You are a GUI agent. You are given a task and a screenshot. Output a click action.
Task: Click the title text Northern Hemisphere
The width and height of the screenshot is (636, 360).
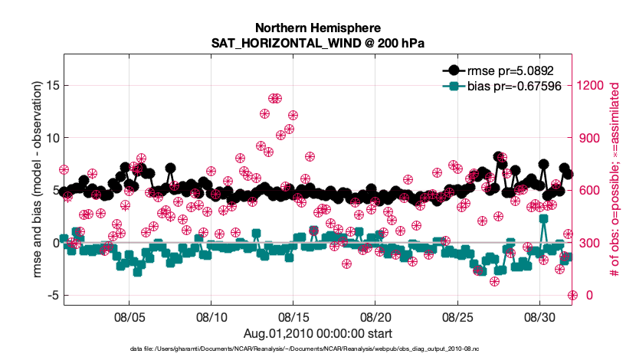point(317,27)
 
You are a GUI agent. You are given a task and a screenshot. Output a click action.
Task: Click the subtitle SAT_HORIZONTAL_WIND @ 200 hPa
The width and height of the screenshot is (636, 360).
point(317,43)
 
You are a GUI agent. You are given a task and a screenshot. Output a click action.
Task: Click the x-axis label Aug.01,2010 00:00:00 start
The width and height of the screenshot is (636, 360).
point(317,333)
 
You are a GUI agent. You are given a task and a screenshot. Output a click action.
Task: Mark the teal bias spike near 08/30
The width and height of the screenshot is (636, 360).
point(543,218)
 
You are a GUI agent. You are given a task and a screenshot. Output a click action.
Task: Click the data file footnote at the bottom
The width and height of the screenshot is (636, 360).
point(317,349)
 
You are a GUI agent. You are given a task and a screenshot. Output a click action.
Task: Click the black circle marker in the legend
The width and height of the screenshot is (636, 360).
point(453,70)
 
